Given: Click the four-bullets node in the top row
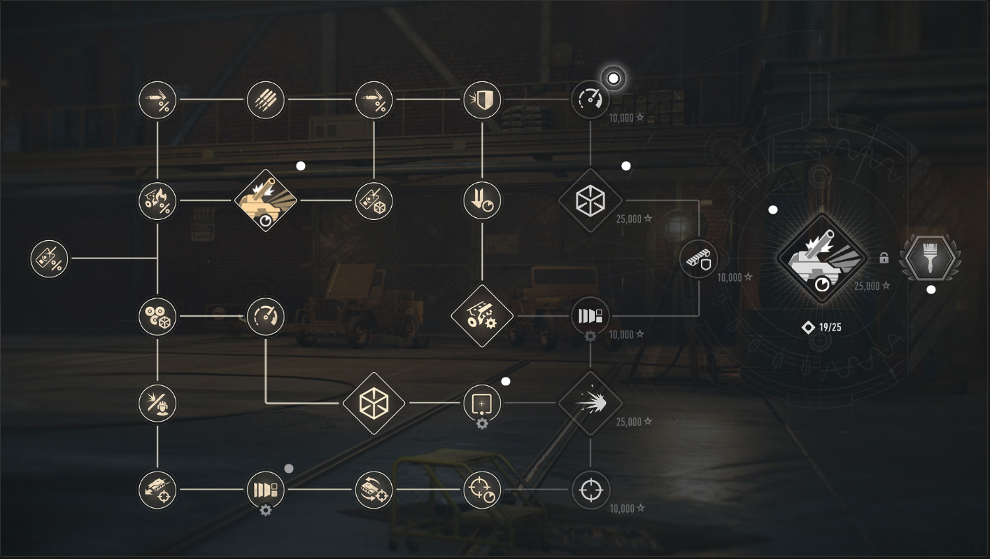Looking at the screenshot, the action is point(265,99).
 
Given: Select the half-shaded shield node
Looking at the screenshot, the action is point(482,99).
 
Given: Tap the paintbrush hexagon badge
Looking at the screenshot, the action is point(930,258).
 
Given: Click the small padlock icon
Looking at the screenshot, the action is point(884,258).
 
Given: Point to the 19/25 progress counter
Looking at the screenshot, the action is point(821,328).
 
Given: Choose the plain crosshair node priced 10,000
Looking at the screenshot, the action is point(591,490).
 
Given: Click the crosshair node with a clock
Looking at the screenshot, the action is point(482,490).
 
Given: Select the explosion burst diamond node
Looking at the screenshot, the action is point(591,403).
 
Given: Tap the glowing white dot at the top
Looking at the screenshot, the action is point(613,78).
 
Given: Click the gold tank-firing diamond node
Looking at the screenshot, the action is point(265,200).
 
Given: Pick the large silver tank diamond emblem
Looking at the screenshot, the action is point(821,258).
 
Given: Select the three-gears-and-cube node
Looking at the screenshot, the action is point(157,317).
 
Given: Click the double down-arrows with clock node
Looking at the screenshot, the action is point(482,200).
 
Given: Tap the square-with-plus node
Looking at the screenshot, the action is point(482,403).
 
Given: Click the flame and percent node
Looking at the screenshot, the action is point(157,200).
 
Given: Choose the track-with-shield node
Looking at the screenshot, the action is point(699,259).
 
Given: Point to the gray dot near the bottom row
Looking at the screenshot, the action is point(288,468).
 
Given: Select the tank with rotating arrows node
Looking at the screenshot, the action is point(374,490).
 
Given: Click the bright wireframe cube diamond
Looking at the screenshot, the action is point(374,403).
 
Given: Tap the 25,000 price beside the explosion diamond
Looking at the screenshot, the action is point(634,422).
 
